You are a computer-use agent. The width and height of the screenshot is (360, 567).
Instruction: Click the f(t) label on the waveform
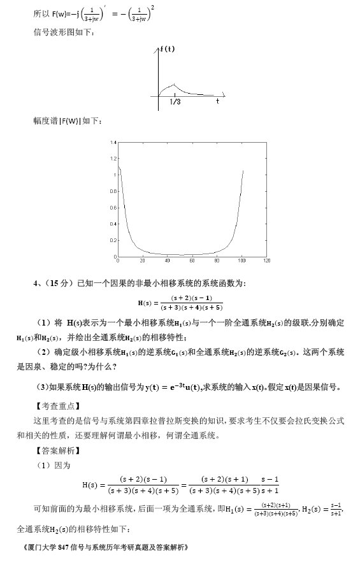pyautogui.click(x=168, y=49)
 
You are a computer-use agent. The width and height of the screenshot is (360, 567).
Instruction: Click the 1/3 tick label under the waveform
pyautogui.click(x=175, y=101)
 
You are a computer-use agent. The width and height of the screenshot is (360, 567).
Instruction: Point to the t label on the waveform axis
pyautogui.click(x=217, y=101)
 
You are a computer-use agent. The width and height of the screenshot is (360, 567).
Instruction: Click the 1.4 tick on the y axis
pyautogui.click(x=113, y=142)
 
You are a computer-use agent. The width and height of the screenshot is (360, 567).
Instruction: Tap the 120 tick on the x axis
pyautogui.click(x=266, y=261)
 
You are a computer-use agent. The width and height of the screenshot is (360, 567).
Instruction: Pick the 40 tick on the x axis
pyautogui.click(x=168, y=261)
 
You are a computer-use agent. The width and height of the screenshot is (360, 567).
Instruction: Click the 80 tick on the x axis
pyautogui.click(x=217, y=261)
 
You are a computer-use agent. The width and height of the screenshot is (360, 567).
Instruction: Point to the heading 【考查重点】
pyautogui.click(x=55, y=406)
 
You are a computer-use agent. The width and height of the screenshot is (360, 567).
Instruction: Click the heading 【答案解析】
pyautogui.click(x=55, y=451)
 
